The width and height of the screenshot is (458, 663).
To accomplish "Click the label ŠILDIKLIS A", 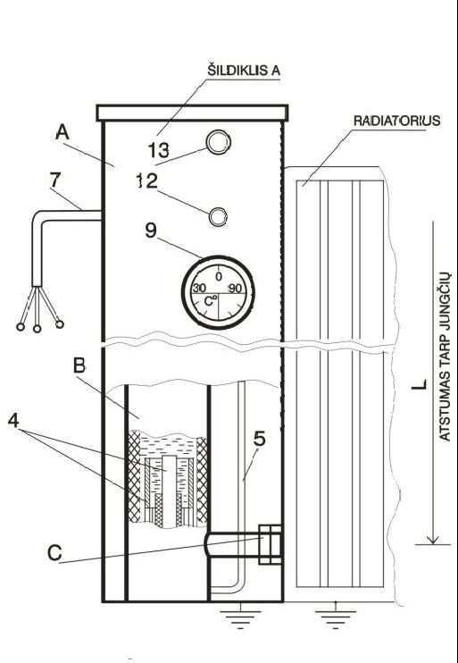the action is pos(244,71).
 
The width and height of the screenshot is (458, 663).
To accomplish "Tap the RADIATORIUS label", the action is pos(396,122).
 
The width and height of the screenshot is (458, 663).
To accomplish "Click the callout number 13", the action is pos(158,150).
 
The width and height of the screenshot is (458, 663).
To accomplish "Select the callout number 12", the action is pos(146,181).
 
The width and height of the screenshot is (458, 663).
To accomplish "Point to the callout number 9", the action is pos(151,231).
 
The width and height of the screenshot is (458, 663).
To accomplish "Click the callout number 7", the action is pos(55,180).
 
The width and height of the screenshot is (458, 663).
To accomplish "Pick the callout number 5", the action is pos(260,439).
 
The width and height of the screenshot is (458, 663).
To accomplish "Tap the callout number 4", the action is pos(13,421).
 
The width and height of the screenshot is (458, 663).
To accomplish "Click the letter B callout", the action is pos(79,365).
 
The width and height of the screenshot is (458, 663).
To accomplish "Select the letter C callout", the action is pos(54,552).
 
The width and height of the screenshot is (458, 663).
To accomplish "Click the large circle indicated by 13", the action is pos(218,142).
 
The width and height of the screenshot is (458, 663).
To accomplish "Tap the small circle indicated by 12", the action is pos(219,216).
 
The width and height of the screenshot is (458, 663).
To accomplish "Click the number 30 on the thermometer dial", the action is pos(199,289).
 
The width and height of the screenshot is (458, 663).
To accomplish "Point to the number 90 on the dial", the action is pos(235,289).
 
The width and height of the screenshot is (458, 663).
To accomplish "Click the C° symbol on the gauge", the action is pos(210,300).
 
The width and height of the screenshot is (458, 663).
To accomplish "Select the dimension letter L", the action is pos(420,385).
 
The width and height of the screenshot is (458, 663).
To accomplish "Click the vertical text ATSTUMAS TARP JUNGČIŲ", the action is pos(445,357).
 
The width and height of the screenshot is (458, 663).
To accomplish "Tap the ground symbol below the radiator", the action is pos(336,619).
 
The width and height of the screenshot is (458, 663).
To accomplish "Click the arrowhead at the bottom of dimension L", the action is pos(433,540).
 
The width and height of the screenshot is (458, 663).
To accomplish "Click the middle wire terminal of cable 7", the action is pos(37,329).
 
